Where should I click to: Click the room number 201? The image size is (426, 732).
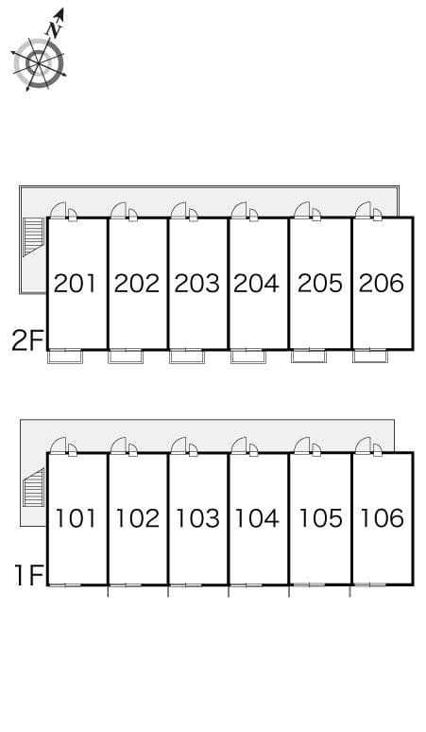point(75,284)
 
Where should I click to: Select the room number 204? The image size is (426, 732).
point(256,284)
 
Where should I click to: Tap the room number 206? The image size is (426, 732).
point(382,284)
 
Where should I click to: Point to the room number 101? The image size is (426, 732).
point(76,518)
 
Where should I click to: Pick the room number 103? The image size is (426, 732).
point(197,518)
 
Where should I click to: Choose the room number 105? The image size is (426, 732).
point(320,518)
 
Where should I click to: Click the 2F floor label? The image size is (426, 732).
point(27,340)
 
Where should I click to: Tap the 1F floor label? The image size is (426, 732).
point(29,575)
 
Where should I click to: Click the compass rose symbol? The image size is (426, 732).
point(38,63)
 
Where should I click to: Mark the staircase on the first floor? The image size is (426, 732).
point(34,488)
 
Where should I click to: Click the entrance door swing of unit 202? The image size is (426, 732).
point(119,210)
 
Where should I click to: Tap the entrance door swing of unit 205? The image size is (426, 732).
point(302,210)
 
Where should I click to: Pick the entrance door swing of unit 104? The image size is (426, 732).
point(239,444)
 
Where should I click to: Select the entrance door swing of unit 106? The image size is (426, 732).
point(363,444)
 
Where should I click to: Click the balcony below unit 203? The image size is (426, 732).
point(187,357)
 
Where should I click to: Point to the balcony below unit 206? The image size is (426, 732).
point(370,357)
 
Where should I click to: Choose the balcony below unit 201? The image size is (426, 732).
point(65,357)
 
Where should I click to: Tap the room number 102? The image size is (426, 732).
point(137,518)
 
